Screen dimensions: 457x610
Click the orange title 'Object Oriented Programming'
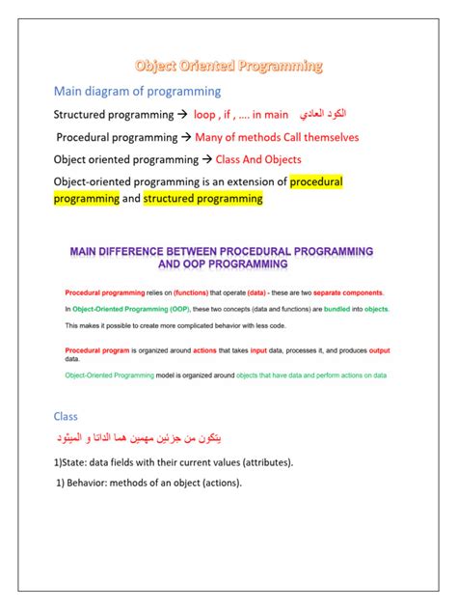point(228,67)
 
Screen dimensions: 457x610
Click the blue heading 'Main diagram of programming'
point(137,92)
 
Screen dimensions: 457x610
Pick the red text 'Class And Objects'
point(259,159)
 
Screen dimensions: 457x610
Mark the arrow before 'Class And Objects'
point(206,159)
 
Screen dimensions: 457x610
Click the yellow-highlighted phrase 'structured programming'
point(203,198)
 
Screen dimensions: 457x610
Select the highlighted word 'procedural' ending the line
point(316,180)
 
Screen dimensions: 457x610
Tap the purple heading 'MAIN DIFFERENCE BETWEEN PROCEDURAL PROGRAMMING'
point(222,251)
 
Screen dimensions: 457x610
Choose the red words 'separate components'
point(346,291)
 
